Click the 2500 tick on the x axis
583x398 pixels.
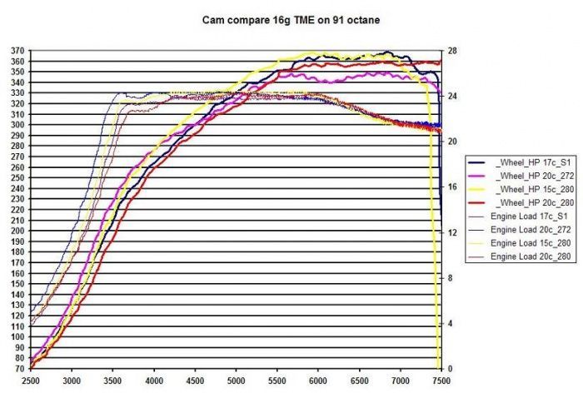click(32, 381)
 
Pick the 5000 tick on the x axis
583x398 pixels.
click(236, 381)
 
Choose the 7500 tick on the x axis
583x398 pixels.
click(441, 381)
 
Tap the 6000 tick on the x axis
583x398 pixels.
click(317, 381)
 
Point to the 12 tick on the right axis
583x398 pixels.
click(452, 232)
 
